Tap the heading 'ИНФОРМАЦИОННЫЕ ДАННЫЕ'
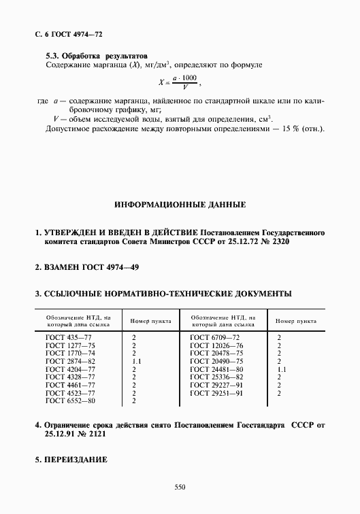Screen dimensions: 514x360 point(180,204)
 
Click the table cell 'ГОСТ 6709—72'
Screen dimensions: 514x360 point(215,337)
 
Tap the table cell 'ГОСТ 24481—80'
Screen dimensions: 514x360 point(217,369)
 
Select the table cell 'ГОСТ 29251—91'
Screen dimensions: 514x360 point(217,394)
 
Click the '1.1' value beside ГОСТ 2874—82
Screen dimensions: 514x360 point(135,361)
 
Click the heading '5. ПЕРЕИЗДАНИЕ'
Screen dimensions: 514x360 point(71,460)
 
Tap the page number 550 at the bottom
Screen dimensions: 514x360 point(180,487)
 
